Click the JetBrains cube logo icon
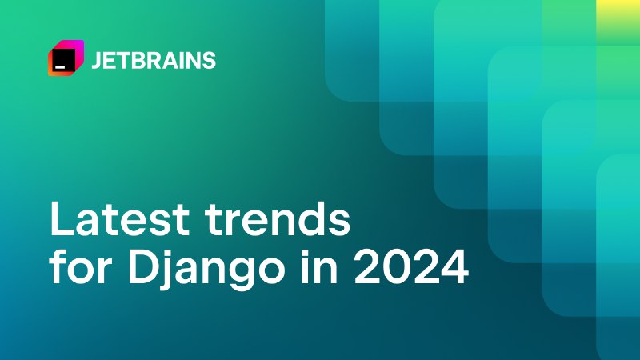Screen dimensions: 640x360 (66, 58)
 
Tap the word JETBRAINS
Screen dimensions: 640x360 (154, 61)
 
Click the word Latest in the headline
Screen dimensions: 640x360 (119, 219)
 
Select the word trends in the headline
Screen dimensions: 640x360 (278, 219)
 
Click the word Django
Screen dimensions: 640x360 (206, 271)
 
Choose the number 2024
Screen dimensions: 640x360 (411, 268)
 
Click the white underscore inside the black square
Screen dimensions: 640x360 (60, 66)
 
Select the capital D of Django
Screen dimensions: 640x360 (143, 268)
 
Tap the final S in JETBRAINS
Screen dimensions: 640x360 (209, 61)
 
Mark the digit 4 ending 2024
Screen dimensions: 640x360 (454, 268)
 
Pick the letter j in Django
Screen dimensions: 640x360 (167, 271)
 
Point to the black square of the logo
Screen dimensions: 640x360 (63, 59)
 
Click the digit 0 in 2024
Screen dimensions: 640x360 (396, 268)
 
